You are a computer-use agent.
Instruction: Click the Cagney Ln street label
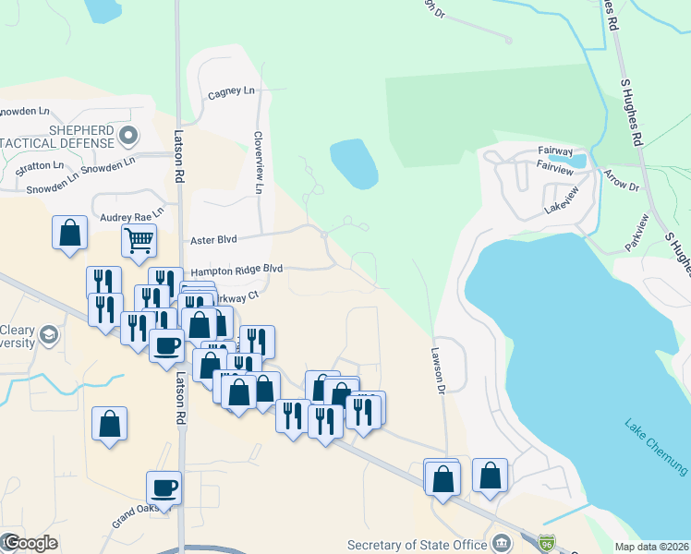tap(231, 92)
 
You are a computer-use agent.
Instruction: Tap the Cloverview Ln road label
tap(259, 161)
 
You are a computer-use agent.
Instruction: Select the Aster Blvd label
tap(213, 239)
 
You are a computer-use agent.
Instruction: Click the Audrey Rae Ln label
tap(131, 211)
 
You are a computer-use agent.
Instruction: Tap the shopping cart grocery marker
tap(138, 241)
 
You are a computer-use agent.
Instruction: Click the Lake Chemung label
tap(655, 447)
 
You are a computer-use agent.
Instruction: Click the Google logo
tap(30, 543)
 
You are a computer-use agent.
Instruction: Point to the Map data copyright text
tap(652, 547)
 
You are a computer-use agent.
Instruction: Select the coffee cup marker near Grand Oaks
tap(164, 488)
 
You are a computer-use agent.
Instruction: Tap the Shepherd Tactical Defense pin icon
tap(127, 136)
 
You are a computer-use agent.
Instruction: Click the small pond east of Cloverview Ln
tap(354, 163)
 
